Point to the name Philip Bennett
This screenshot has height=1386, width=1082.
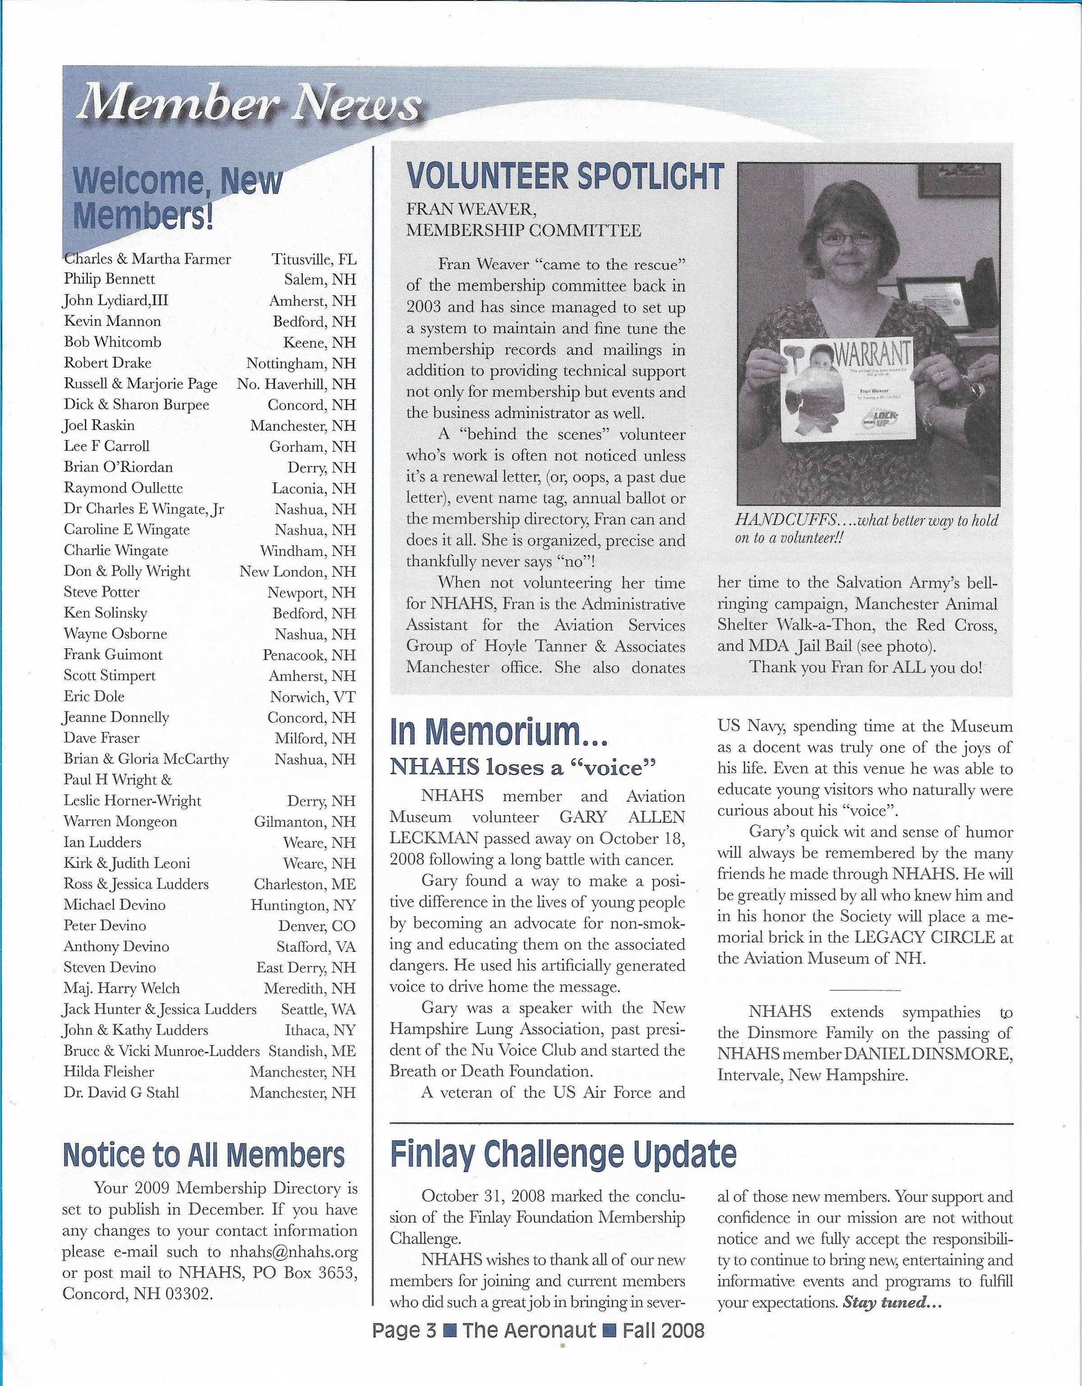point(109,279)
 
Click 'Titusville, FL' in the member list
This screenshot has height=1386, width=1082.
point(313,259)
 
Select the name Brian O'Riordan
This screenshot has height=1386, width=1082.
point(118,467)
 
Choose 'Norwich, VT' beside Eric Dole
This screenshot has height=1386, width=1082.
point(312,697)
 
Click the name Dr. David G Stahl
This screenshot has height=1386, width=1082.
point(121,1092)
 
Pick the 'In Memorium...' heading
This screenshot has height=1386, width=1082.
point(499,734)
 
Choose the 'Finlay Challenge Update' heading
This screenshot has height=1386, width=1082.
point(563,1154)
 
